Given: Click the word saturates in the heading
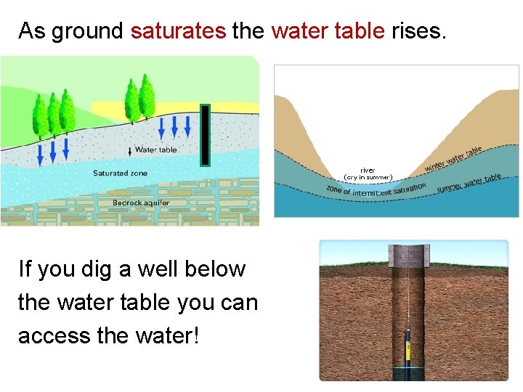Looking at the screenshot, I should (178, 31).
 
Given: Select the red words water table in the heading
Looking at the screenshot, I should (328, 31).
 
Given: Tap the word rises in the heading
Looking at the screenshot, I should (415, 31).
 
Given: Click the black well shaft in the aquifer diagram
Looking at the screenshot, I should (206, 135).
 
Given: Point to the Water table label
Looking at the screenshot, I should (155, 150).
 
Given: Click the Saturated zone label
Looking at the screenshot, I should (120, 173).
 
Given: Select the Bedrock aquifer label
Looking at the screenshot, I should (141, 203).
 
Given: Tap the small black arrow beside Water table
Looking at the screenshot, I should (129, 150).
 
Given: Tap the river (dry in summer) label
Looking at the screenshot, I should (368, 173).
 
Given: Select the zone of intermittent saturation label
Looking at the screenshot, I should (376, 190).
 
